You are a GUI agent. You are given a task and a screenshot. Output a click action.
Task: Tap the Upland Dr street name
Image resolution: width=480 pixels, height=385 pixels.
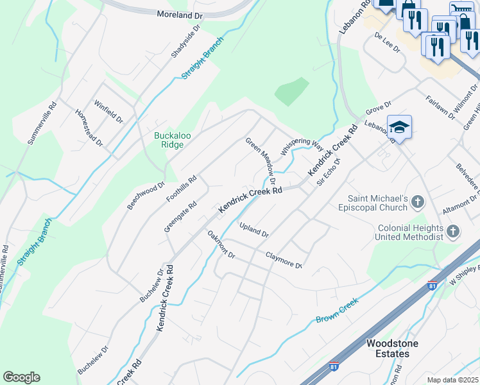coord(253,229)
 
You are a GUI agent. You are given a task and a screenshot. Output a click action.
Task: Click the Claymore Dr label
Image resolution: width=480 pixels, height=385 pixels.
coord(284,260)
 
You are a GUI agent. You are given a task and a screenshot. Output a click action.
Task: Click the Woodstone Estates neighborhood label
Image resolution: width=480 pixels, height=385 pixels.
coord(391,348)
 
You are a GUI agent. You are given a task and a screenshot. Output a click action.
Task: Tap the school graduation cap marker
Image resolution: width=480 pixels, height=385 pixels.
coord(399,126)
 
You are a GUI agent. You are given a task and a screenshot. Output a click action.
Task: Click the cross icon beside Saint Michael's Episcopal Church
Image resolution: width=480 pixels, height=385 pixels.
coord(418,203)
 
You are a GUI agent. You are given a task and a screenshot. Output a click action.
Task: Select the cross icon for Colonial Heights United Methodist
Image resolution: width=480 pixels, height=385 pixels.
coord(453,231)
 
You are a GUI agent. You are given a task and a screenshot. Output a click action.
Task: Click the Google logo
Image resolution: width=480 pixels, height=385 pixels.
coord(21,377)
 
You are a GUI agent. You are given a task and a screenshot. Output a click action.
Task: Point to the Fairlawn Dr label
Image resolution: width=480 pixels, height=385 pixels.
coord(440,107)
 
